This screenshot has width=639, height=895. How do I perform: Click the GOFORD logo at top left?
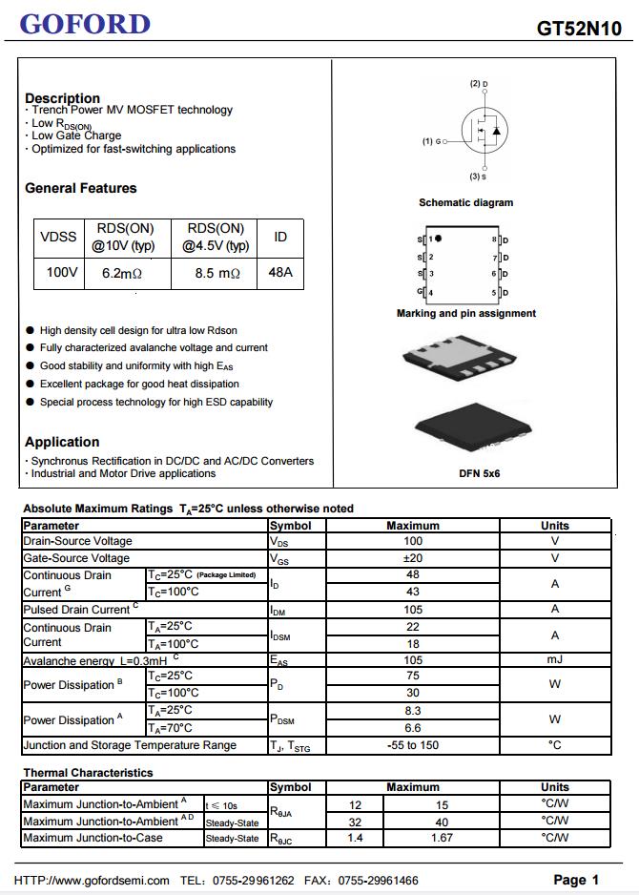[x=85, y=24]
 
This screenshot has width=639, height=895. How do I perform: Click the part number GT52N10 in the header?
[x=579, y=29]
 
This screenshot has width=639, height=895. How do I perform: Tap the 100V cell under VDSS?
[x=62, y=273]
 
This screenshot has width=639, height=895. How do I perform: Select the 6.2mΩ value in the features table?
[x=122, y=273]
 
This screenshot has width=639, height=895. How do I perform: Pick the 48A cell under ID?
[x=280, y=273]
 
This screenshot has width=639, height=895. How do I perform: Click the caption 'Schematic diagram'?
[x=465, y=202]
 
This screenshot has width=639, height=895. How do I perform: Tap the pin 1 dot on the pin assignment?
[x=439, y=239]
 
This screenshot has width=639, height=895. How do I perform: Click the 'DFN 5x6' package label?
[x=479, y=473]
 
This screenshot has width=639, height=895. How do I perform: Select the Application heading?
[x=62, y=442]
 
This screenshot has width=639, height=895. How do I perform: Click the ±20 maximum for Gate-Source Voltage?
[x=413, y=558]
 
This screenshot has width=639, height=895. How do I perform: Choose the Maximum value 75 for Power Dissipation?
[x=413, y=676]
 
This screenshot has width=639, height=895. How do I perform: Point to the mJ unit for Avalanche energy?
[x=554, y=659]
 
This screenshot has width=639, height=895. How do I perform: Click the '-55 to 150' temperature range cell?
[x=413, y=745]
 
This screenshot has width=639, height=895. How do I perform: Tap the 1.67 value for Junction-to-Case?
[x=442, y=838]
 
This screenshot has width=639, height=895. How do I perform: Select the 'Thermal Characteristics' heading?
[x=88, y=773]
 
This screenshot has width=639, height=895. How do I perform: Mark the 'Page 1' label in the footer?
[x=576, y=880]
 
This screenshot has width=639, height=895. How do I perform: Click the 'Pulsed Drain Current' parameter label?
[x=76, y=610]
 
